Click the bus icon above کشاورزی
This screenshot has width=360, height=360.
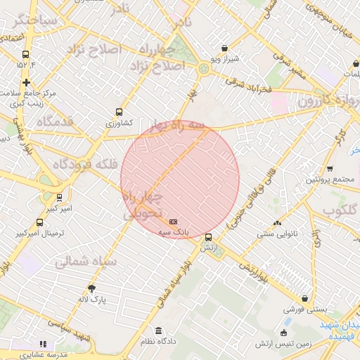pyautogui.click(x=119, y=112)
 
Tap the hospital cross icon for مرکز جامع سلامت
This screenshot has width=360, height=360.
pyautogui.click(x=26, y=82)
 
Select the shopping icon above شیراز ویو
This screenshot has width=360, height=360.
pyautogui.click(x=224, y=49)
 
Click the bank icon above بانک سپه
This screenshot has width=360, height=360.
pyautogui.click(x=174, y=221)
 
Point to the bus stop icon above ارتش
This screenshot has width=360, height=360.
pyautogui.click(x=208, y=237)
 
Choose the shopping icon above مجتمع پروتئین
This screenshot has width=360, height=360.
pyautogui.click(x=330, y=169)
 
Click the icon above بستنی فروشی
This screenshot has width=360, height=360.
pyautogui.click(x=304, y=298)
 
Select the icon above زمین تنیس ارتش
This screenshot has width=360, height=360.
pyautogui.click(x=283, y=332)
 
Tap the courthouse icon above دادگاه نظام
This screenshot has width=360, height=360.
pyautogui.click(x=158, y=330)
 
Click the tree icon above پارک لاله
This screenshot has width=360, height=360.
pyautogui.click(x=91, y=288)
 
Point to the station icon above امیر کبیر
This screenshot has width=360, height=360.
pyautogui.click(x=59, y=198)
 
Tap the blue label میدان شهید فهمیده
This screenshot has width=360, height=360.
pyautogui.click(x=341, y=330)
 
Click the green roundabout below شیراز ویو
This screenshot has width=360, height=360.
pyautogui.click(x=204, y=68)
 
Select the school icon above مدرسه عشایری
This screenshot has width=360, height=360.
pyautogui.click(x=43, y=345)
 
